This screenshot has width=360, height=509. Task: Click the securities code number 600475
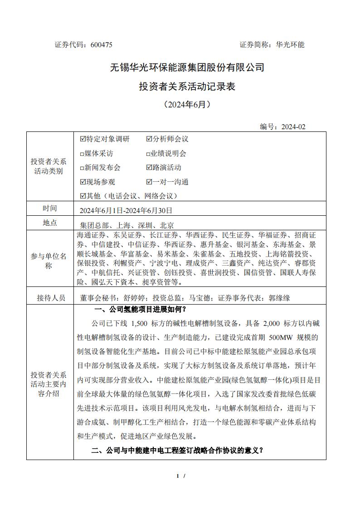click(x=102, y=45)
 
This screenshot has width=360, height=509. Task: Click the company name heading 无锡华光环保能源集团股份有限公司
click(x=187, y=68)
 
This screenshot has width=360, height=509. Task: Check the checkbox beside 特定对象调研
click(x=83, y=139)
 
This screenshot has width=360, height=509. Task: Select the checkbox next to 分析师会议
click(x=149, y=139)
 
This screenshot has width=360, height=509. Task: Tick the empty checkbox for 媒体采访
click(x=82, y=154)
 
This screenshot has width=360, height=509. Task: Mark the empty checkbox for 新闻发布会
click(x=82, y=168)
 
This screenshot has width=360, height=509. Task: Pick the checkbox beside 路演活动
click(x=149, y=168)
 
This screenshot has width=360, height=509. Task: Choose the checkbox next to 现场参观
click(x=83, y=182)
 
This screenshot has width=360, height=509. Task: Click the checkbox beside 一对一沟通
click(x=149, y=182)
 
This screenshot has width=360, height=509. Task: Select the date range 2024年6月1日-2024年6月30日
click(x=126, y=210)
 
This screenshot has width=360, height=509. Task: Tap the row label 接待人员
click(x=51, y=298)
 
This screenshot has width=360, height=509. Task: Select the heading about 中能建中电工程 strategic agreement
click(x=177, y=451)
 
